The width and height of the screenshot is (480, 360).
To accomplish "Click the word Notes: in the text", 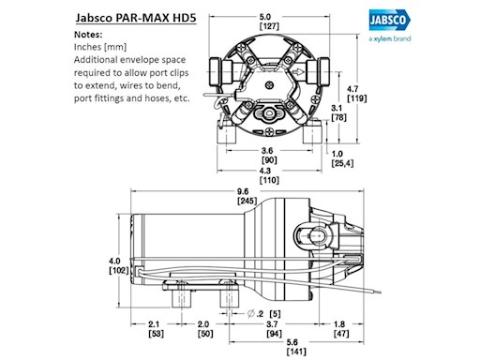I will [x=89, y=34].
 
